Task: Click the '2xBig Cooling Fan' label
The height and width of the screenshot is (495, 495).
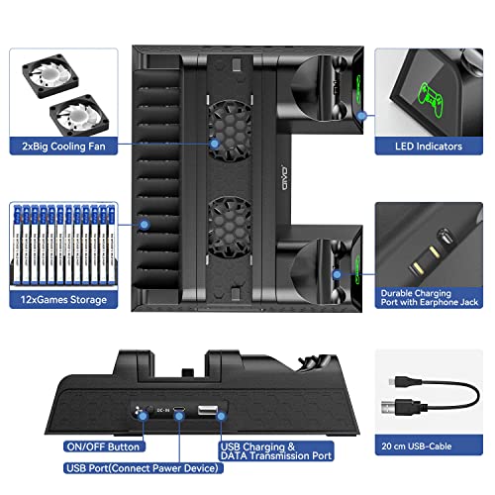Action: tap(60, 147)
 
